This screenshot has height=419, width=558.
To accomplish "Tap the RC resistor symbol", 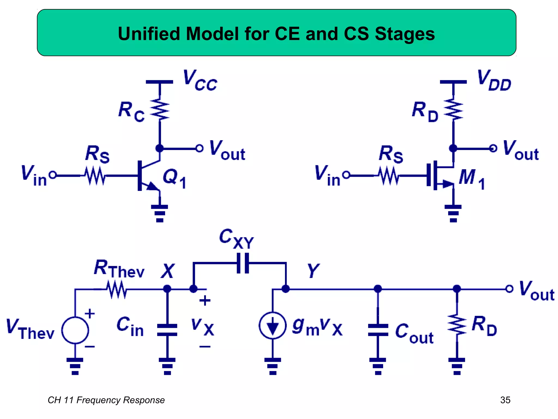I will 160,109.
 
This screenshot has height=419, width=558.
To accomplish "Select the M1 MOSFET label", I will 472,179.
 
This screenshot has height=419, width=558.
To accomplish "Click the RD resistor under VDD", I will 453,109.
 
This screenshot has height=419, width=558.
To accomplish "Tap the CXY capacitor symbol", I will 243,263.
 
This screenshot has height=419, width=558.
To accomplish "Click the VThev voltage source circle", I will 75,330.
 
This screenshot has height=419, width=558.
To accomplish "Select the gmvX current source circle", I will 272,325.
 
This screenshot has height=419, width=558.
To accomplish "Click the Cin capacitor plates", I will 167,330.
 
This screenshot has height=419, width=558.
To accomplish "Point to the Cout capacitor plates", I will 378,330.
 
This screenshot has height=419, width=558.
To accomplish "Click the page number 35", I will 505,400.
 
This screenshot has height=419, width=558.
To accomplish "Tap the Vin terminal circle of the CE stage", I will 53,175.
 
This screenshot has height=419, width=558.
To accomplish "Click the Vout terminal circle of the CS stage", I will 493,148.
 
